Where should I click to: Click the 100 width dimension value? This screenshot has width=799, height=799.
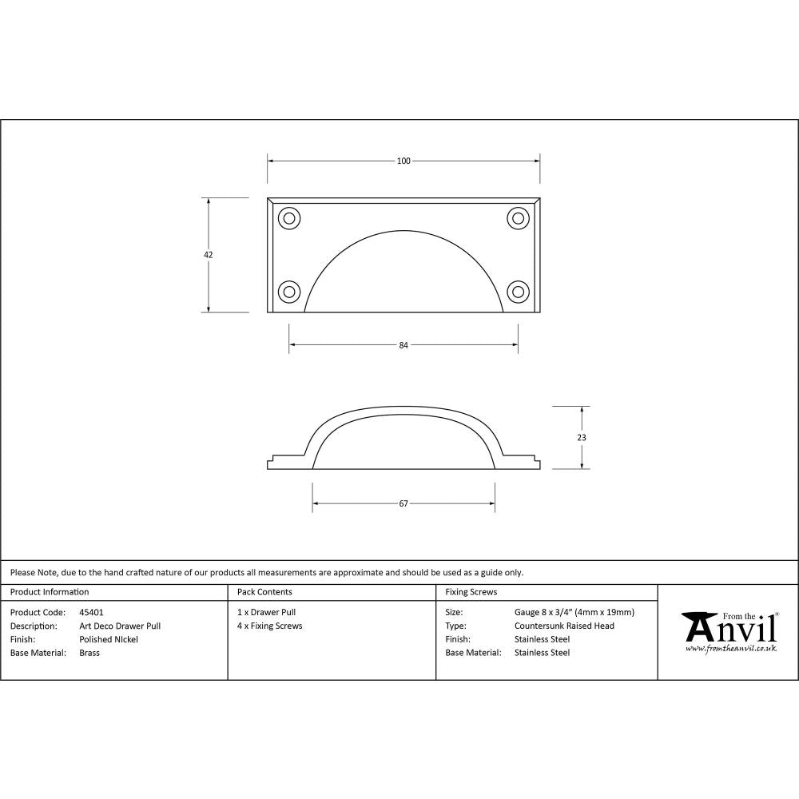pos(403,161)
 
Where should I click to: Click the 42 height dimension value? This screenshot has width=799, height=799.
pos(209,255)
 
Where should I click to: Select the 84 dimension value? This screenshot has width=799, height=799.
pos(403,345)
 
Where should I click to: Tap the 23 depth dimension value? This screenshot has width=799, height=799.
pos(582,438)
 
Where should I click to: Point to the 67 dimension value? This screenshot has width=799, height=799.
pos(403,503)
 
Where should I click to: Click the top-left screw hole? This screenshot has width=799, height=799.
pos(288,217)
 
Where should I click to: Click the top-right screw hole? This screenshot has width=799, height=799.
pos(518,217)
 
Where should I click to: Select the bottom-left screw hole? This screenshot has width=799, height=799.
pos(288,291)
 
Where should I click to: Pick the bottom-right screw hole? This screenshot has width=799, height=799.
pos(518,291)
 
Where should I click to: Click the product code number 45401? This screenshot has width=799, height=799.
pos(91,613)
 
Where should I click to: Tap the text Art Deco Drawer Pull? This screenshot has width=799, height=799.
pos(120,626)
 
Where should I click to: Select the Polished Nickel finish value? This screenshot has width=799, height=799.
pos(109,640)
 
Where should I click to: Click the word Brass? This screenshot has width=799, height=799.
pos(89,653)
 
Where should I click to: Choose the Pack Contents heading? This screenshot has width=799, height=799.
pos(264,592)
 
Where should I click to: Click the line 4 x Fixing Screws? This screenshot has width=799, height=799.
pos(270,626)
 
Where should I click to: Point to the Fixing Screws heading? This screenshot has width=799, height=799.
pos(471,592)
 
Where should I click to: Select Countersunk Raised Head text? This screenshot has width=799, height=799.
pos(564,626)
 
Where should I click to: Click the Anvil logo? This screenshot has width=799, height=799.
pos(729,630)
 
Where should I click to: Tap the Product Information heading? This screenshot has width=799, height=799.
pos(50,592)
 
